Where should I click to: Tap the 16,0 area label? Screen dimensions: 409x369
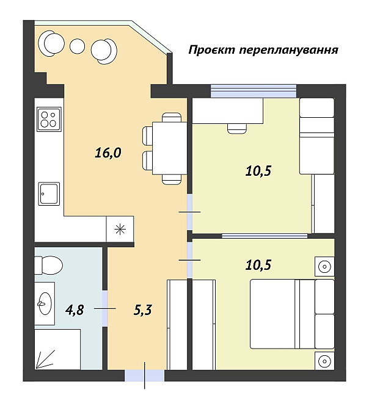click(108, 153)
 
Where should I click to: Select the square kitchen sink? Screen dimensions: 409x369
click(49, 194)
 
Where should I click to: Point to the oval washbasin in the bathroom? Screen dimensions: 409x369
click(45, 302)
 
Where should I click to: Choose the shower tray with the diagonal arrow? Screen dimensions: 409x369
click(57, 349)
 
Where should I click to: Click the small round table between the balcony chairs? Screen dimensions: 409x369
click(77, 46)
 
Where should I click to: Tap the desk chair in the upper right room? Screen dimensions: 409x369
click(236, 128)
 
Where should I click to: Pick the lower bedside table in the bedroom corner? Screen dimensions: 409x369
click(324, 361)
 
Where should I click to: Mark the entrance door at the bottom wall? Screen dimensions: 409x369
click(145, 375)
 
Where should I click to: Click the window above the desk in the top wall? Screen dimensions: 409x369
click(253, 91)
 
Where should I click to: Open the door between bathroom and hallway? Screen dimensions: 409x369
click(104, 309)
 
